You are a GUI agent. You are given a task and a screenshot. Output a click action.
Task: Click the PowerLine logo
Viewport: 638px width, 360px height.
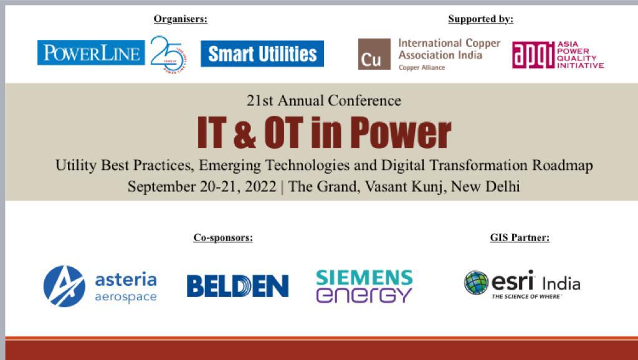point(91,53)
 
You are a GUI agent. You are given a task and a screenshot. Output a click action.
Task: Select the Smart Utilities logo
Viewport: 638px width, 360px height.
point(262,54)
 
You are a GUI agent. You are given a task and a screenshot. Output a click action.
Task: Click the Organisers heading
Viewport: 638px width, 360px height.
point(180,19)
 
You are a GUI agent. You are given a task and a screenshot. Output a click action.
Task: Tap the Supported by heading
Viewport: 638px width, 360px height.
point(480,19)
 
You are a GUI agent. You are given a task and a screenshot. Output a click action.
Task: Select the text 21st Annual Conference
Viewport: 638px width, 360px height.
point(323,100)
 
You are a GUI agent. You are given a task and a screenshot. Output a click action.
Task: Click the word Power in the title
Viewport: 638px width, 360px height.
point(400,132)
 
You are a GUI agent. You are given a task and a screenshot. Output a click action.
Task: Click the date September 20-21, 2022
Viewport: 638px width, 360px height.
point(202,186)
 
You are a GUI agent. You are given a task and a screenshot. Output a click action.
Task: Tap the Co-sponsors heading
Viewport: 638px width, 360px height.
point(222,237)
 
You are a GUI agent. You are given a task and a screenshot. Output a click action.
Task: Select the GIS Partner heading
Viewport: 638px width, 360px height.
point(520,237)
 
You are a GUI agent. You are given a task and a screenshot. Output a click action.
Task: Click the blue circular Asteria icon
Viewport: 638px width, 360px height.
point(64,286)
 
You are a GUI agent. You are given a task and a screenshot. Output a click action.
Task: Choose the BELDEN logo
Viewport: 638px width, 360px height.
point(237,286)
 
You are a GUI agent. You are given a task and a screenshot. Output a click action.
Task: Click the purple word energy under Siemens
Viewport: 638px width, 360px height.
point(364,295)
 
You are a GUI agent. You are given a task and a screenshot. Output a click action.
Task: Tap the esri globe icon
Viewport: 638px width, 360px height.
point(476,283)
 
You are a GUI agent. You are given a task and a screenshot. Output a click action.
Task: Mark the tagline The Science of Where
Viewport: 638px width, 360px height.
point(526,296)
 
